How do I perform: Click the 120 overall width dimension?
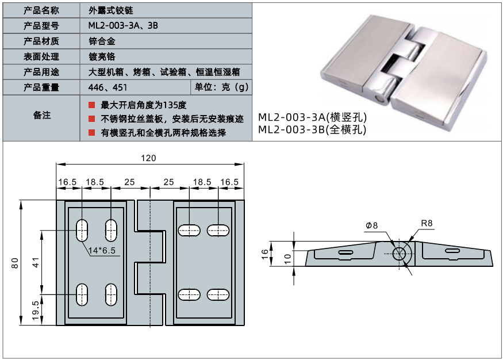[149, 158]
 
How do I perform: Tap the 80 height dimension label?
[16, 262]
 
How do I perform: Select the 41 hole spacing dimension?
[36, 263]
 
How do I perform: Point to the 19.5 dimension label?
[36, 311]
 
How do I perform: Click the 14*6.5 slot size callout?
[102, 250]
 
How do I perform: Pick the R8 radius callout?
[427, 223]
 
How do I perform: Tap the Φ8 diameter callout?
[371, 225]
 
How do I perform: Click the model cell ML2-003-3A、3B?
[122, 25]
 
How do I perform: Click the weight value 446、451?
[104, 87]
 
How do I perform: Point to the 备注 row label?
[41, 116]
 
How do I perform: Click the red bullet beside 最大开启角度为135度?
[91, 105]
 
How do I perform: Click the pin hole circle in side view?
[400, 252]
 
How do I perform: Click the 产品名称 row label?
[41, 10]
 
